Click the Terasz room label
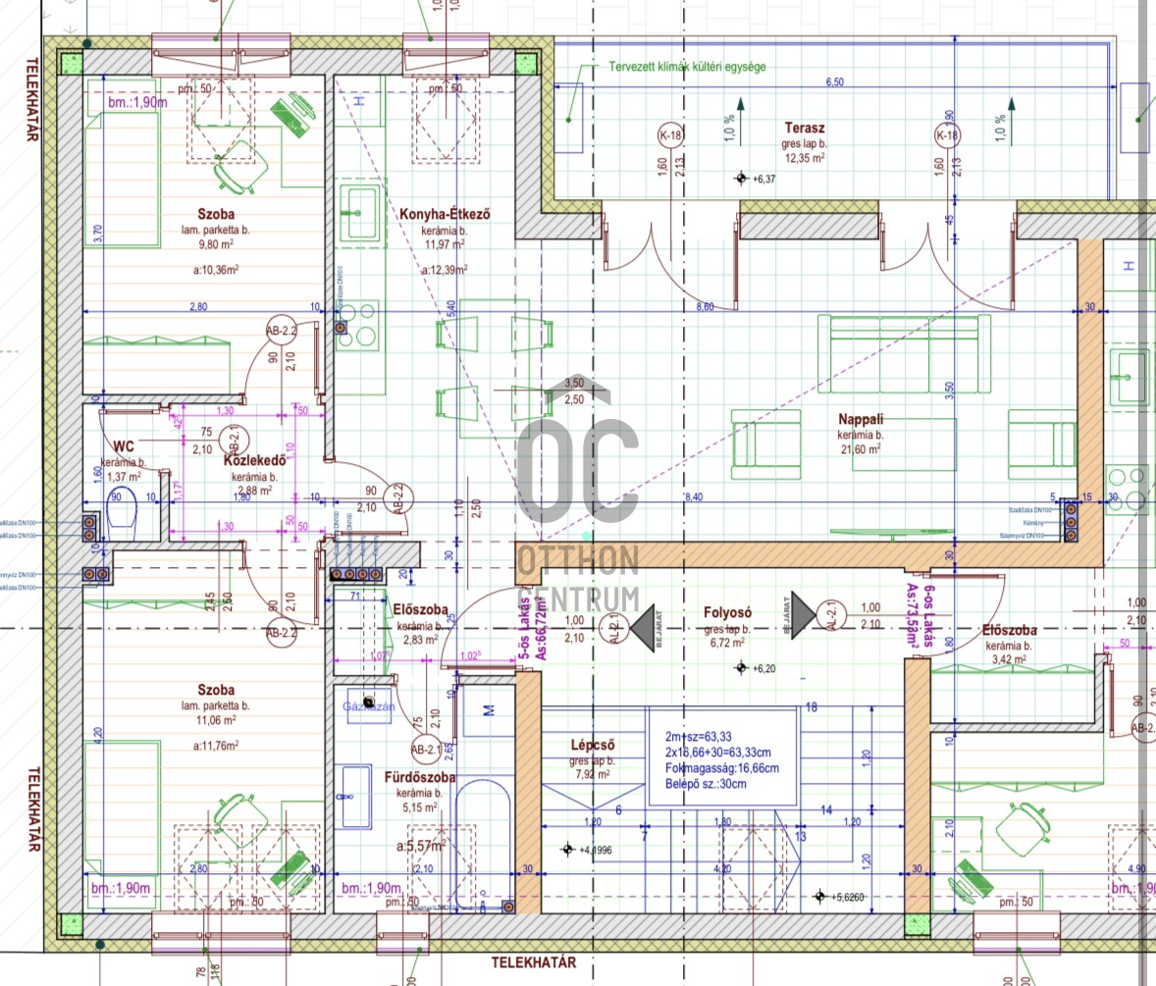coord(804,128)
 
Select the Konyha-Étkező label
coord(444,215)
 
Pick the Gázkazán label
coord(369,705)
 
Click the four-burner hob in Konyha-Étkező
coord(356,325)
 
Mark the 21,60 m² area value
coord(859,447)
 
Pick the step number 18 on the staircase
coord(811,707)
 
